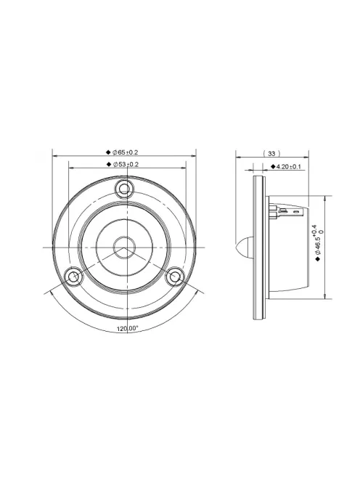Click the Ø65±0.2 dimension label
tap(126, 152)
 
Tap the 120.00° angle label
tap(127, 329)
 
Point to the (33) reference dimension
tap(271, 154)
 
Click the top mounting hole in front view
tap(125, 190)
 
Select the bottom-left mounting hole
tap(73, 277)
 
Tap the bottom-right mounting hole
tap(175, 277)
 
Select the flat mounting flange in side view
tap(258, 247)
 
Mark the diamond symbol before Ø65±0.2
tap(108, 152)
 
